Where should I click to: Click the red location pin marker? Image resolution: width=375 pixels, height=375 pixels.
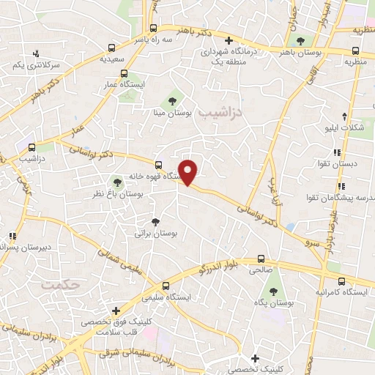coord(189,173)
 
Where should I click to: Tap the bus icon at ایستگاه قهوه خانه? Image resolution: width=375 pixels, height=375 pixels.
coord(158,164)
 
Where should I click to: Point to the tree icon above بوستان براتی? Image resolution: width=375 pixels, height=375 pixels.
coord(155,221)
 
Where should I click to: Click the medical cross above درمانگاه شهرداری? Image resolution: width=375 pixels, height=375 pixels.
coord(229,40)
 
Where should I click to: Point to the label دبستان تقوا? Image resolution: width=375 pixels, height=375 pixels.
coord(349,164)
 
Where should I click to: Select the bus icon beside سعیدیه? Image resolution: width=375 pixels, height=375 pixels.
coord(123,73)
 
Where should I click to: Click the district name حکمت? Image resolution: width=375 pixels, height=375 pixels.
coord(61,284)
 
